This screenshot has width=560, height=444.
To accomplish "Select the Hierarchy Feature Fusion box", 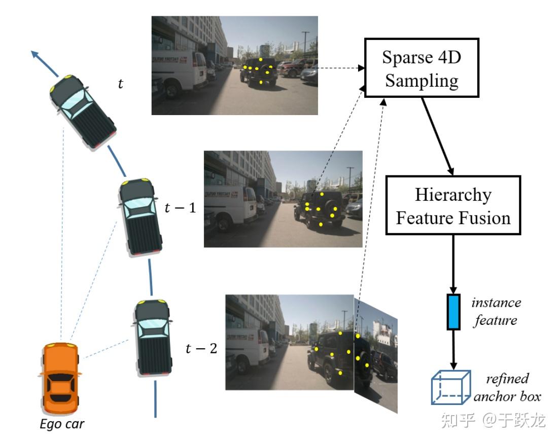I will [452, 206].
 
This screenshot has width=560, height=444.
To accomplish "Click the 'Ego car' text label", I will [62, 423].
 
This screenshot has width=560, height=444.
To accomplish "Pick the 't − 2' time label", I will [201, 349].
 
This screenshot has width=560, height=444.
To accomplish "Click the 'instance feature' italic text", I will [496, 312].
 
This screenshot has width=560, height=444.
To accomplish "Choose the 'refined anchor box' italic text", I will [506, 388].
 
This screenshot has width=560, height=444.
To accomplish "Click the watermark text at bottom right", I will [493, 420].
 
